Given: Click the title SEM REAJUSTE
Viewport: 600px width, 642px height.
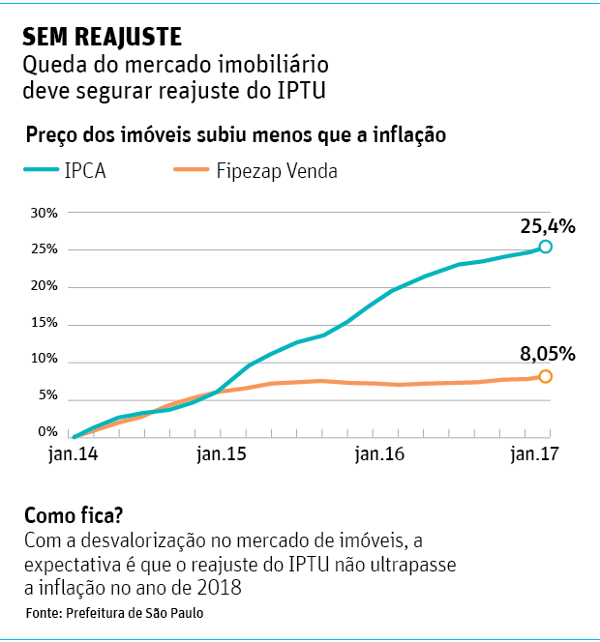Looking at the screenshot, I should pos(102,38).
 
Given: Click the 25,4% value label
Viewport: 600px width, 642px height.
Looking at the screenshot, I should pos(548,226).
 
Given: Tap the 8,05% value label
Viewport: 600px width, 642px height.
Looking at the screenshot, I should pos(548,353).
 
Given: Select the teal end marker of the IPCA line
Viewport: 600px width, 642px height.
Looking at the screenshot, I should pos(546,247).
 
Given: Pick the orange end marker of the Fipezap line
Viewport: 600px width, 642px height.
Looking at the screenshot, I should pos(546,376).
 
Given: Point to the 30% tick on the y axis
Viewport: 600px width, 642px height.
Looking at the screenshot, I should pos(45,213).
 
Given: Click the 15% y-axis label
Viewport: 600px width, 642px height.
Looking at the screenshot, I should pos(45,324).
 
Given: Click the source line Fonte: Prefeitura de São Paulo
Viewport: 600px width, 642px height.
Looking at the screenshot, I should pos(114,614).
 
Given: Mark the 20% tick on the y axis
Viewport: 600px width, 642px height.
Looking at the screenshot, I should pos(45,287).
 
